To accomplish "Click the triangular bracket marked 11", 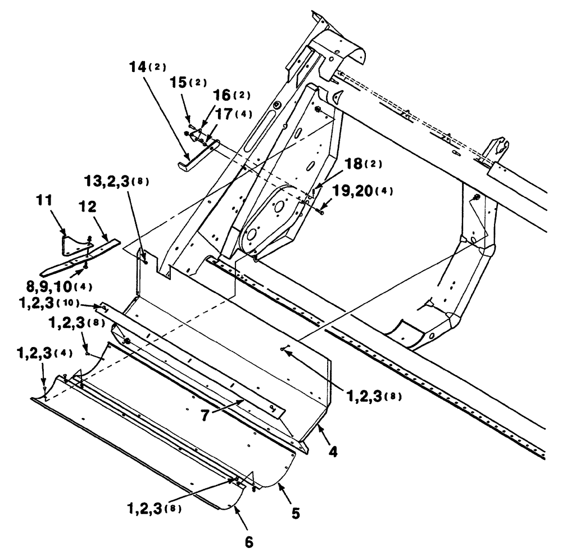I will (73, 242).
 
